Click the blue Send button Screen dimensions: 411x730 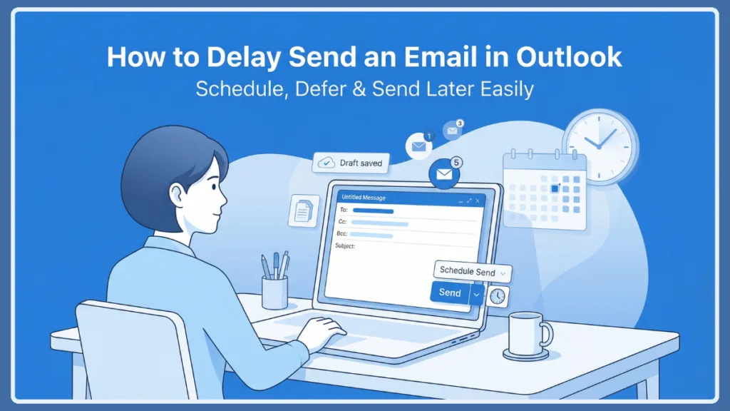point(450,293)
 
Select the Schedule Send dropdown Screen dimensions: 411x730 point(472,271)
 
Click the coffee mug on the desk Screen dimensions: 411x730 point(528,333)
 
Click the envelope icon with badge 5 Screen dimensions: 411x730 point(444,174)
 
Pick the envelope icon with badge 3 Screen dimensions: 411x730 point(452,131)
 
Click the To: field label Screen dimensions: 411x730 point(344,210)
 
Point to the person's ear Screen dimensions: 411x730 point(176,194)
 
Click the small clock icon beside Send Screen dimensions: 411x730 point(498,296)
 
